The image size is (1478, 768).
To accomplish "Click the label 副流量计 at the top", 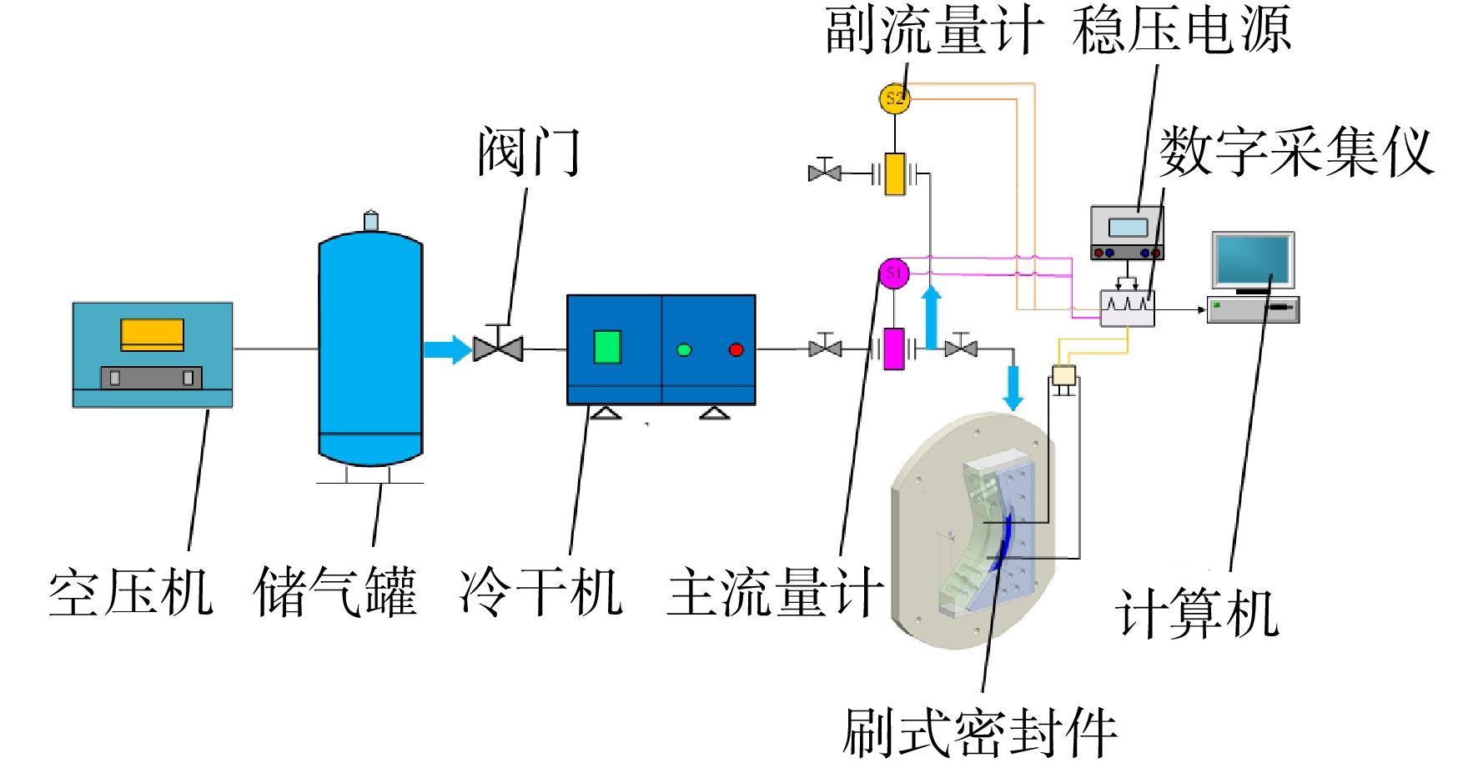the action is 934,30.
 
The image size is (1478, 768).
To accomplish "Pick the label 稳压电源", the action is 1182,30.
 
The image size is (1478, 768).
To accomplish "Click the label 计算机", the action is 1197,614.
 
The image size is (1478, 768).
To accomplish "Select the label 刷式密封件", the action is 980,733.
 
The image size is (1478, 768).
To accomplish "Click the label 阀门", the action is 529,152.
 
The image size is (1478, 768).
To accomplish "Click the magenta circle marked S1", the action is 894,274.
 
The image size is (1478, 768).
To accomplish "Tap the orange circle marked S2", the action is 894,98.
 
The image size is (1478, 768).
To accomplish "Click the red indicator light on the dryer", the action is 736,349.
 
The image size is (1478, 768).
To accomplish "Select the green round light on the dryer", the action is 684,349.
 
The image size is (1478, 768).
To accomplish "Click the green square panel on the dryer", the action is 607,347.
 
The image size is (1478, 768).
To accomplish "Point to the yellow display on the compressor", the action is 152,334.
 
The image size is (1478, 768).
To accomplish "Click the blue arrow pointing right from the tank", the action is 448,349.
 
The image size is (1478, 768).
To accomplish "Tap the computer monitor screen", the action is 1253,260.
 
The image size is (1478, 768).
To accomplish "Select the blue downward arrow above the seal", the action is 1013,388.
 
